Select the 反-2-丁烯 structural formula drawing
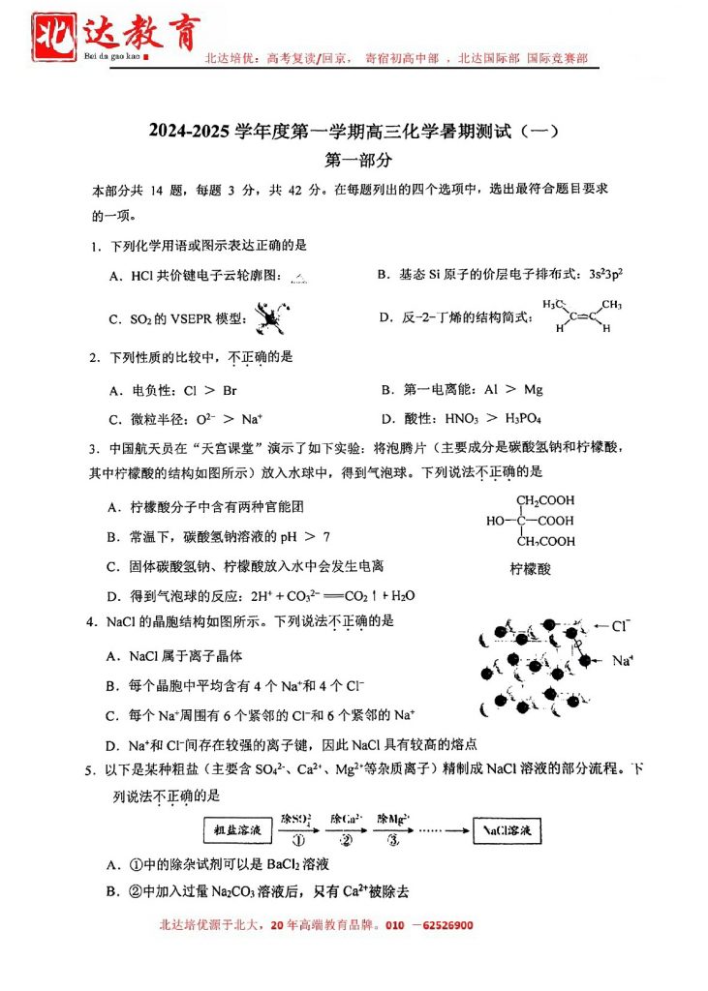click(x=581, y=315)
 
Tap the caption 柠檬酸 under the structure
click(x=531, y=569)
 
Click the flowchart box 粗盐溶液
click(x=236, y=830)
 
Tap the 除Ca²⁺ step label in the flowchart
click(x=347, y=819)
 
